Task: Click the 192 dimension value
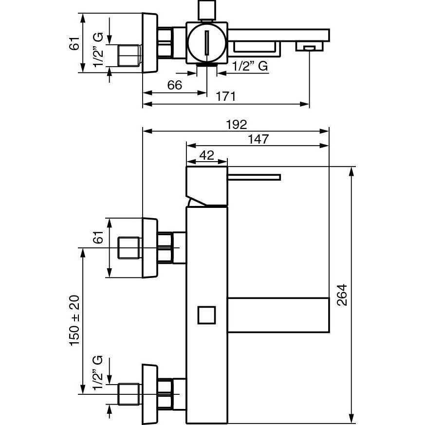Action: tap(236, 125)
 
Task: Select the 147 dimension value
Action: tap(258, 139)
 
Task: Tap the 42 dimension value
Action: tap(207, 155)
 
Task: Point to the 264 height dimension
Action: tap(341, 294)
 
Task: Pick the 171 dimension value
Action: tap(226, 97)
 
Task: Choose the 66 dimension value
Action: tap(174, 85)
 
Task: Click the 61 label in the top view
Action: tap(74, 44)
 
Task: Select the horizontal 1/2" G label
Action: tap(250, 66)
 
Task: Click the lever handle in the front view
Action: tap(254, 176)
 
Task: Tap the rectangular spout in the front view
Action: tap(278, 314)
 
